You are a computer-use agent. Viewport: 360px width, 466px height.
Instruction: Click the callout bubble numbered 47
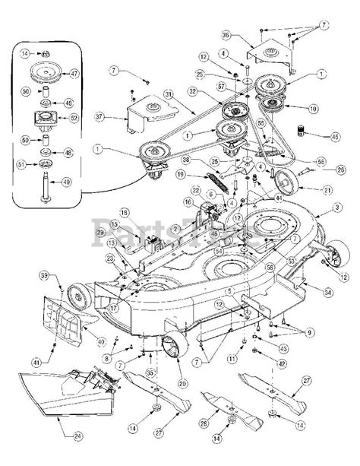[74, 75]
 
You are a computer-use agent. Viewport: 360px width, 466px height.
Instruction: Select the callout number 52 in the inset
[74, 119]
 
